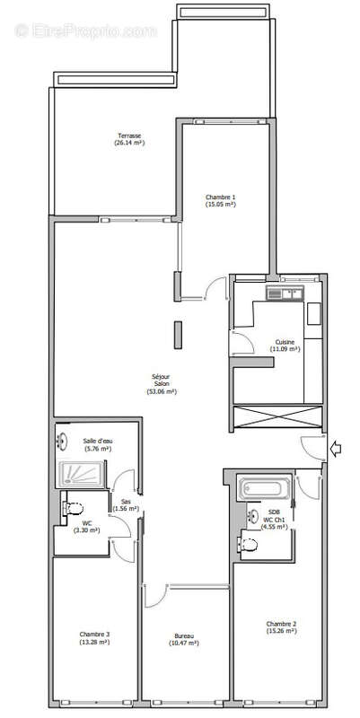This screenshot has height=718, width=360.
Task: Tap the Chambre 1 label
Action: pyautogui.click(x=220, y=197)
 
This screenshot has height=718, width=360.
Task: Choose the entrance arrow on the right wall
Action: pyautogui.click(x=336, y=449)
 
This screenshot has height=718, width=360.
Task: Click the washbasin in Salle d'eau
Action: pyautogui.click(x=64, y=441)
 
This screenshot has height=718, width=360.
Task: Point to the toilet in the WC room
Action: pyautogui.click(x=72, y=508)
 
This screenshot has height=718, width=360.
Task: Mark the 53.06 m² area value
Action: pyautogui.click(x=162, y=391)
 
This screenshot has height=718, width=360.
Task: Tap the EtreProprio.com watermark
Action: pyautogui.click(x=85, y=31)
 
